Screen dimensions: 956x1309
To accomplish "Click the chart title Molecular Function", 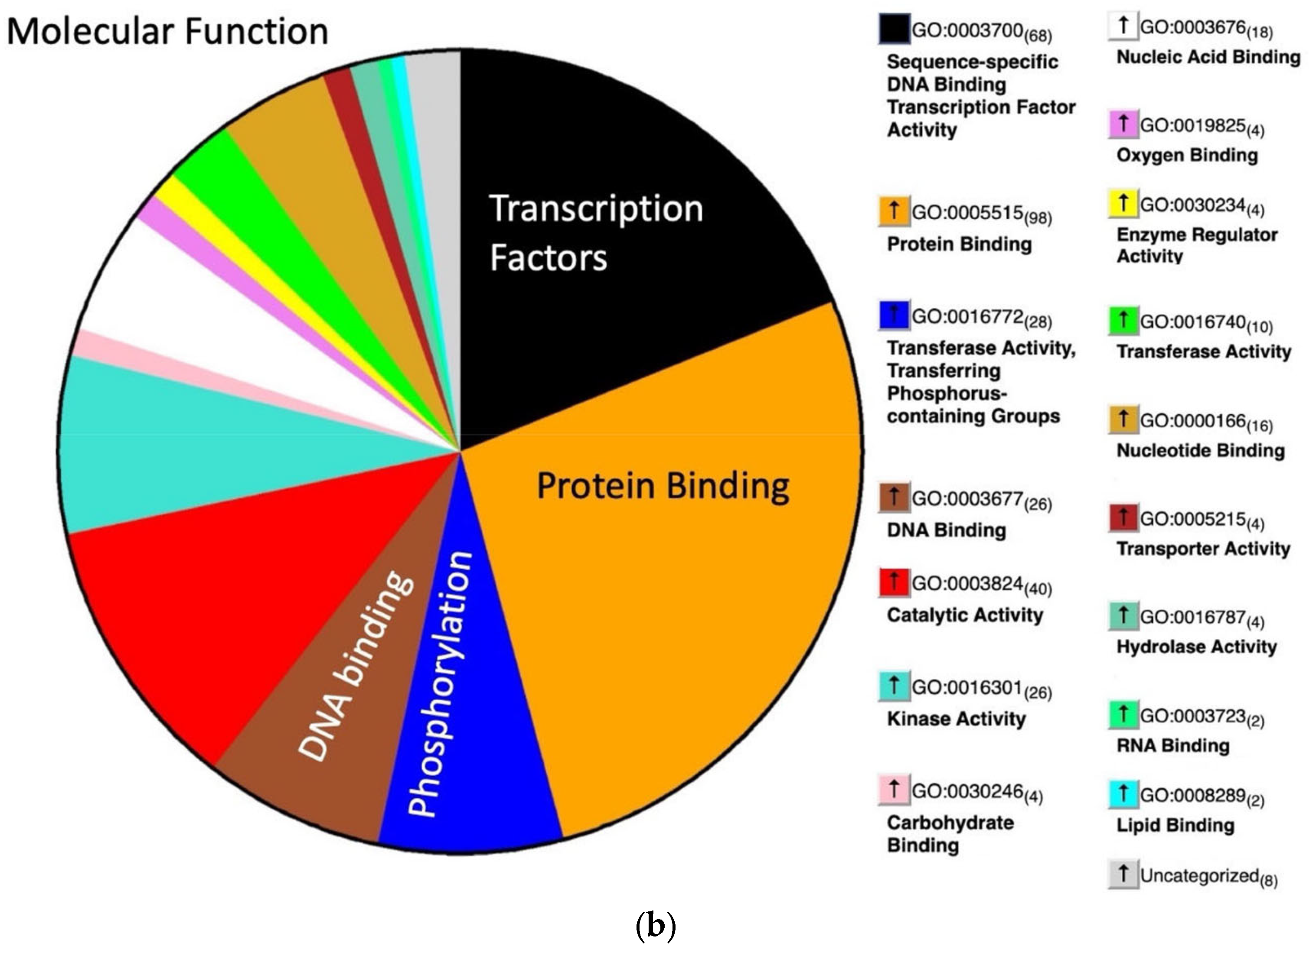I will pyautogui.click(x=167, y=31).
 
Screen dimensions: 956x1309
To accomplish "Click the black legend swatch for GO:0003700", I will pyautogui.click(x=893, y=29).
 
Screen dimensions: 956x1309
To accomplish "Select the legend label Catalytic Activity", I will pyautogui.click(x=965, y=615).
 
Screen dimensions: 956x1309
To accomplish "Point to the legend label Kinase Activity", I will pyautogui.click(x=956, y=719).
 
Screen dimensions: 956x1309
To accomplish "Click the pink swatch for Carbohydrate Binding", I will pyautogui.click(x=893, y=790).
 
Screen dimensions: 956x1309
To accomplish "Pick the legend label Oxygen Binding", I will pyautogui.click(x=1187, y=155).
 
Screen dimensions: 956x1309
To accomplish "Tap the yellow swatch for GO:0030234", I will pyautogui.click(x=1123, y=203).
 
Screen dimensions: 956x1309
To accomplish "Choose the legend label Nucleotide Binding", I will pyautogui.click(x=1200, y=450).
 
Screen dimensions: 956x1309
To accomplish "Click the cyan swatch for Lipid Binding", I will pyautogui.click(x=1123, y=794).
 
